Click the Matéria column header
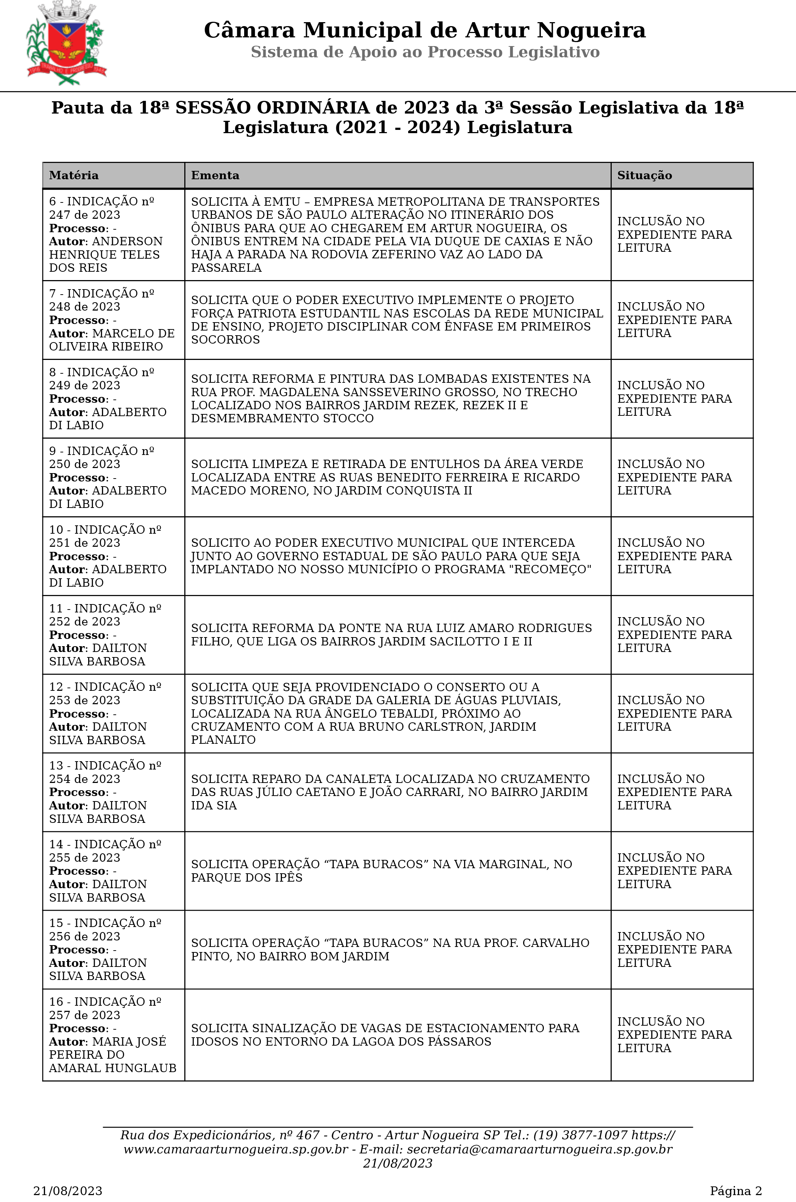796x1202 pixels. [x=74, y=176]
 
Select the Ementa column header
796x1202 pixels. [x=215, y=176]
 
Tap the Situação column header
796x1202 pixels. [x=644, y=176]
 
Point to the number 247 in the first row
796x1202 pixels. [x=60, y=215]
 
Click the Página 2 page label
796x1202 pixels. [x=735, y=1191]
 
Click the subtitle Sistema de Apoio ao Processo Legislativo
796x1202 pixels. [x=425, y=52]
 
